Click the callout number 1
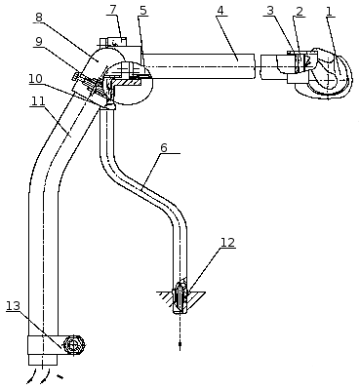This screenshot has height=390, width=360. pos(329,12)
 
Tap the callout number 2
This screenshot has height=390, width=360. pos(300,12)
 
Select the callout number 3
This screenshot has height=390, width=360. pos(270,11)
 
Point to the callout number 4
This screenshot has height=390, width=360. pos(220,10)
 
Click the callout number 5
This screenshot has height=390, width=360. pos(142,10)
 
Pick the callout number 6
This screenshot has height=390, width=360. pos(164,147)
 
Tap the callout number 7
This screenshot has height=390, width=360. pos(113,10)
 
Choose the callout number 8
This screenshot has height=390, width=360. pos(39,18)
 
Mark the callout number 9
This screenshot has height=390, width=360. pos(39,41)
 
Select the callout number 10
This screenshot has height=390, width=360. pos(35,79)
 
